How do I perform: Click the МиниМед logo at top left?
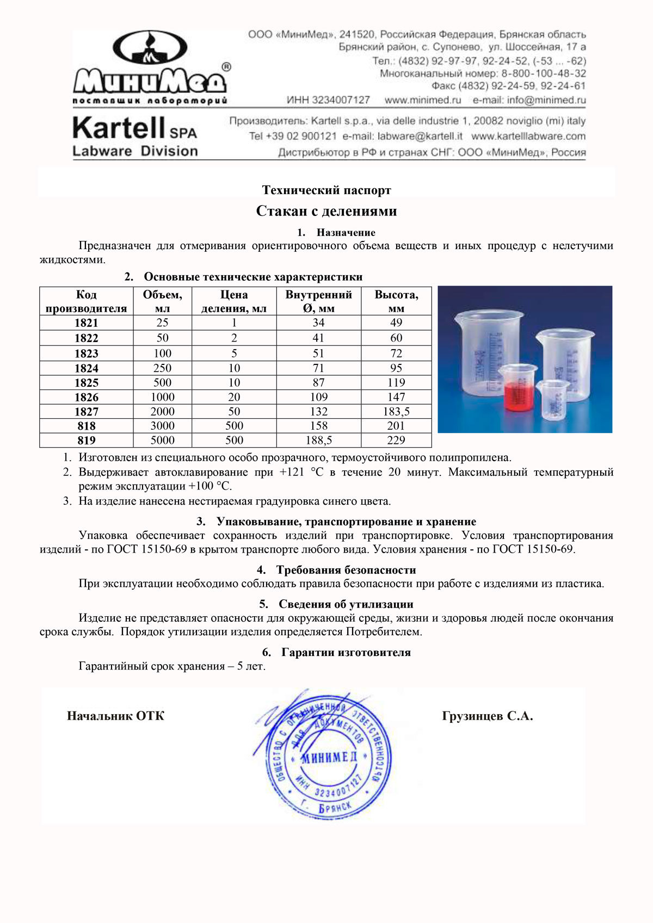pyautogui.click(x=151, y=66)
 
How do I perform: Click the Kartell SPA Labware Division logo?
pyautogui.click(x=135, y=136)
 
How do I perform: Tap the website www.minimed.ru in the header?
pyautogui.click(x=423, y=100)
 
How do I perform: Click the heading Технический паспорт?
pyautogui.click(x=326, y=190)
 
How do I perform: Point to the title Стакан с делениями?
pyautogui.click(x=326, y=211)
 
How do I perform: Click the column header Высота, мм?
pyautogui.click(x=396, y=301)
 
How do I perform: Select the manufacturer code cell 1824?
pyautogui.click(x=87, y=368)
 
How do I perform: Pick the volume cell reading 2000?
pyautogui.click(x=162, y=412)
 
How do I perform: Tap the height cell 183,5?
pyautogui.click(x=396, y=412)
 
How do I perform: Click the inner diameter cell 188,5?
pyautogui.click(x=319, y=440)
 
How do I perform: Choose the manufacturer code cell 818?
pyautogui.click(x=87, y=426)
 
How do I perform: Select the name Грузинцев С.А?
pyautogui.click(x=488, y=716)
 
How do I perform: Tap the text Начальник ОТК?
pyautogui.click(x=115, y=716)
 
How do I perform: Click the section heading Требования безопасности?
pyautogui.click(x=346, y=570)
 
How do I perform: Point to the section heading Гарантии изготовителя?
pyautogui.click(x=346, y=652)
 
